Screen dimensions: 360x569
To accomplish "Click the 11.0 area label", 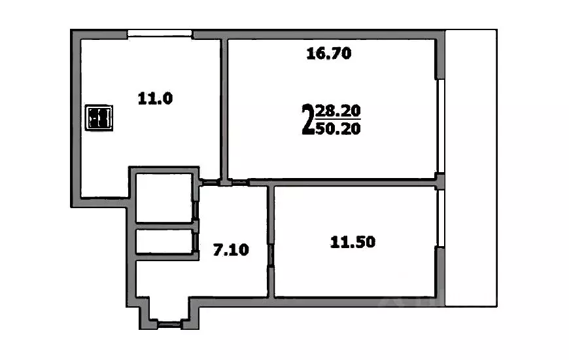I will point(154,99).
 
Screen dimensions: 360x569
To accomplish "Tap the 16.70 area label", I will point(329,54).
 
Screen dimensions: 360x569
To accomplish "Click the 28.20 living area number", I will point(337,111).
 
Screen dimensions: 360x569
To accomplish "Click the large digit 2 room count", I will point(307,119).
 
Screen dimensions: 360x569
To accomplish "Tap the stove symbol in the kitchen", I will point(100,118).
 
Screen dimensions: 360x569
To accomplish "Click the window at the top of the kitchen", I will point(160,33).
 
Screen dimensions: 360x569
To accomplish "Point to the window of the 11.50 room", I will point(441,219).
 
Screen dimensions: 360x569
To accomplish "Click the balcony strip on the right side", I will point(471,167).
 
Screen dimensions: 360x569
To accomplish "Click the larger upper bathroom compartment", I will point(164,196).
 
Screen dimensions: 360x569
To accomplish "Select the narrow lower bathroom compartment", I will point(164,242).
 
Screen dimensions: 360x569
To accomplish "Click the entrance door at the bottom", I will point(170,322).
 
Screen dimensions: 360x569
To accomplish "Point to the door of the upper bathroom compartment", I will point(196,209).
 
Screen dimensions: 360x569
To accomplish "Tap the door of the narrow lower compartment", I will point(196,241).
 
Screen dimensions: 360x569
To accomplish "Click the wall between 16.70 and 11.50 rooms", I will point(353,182).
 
